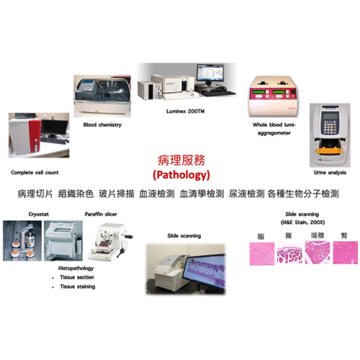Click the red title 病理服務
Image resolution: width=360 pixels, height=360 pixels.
pyautogui.click(x=181, y=161)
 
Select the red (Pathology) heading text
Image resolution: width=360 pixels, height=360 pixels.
pyautogui.click(x=181, y=175)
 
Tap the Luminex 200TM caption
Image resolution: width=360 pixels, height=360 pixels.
pyautogui.click(x=185, y=112)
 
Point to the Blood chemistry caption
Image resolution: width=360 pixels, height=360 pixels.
pyautogui.click(x=102, y=125)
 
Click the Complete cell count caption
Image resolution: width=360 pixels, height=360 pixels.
pyautogui.click(x=35, y=173)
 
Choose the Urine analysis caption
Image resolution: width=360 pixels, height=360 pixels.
pyautogui.click(x=330, y=173)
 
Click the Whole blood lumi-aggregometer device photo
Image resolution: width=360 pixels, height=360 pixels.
pyautogui.click(x=273, y=96)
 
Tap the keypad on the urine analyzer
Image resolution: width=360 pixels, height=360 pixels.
pyautogui.click(x=330, y=127)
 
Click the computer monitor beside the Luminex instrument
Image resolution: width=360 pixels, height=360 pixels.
pyautogui.click(x=210, y=74)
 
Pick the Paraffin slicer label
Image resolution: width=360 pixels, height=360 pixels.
pyautogui.click(x=101, y=214)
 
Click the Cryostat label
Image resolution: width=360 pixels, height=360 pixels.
pyautogui.click(x=39, y=214)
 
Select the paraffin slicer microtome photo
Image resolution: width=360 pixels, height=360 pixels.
pyautogui.click(x=110, y=242)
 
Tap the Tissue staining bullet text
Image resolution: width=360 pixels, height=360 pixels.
pyautogui.click(x=78, y=287)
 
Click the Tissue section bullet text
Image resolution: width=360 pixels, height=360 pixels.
pyautogui.click(x=77, y=277)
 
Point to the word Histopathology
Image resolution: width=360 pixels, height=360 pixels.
pyautogui.click(x=76, y=269)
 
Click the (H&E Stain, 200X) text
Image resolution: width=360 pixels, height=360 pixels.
pyautogui.click(x=302, y=222)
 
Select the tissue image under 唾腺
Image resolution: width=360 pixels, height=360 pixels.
pyautogui.click(x=318, y=253)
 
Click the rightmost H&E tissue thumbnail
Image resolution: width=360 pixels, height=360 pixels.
pyautogui.click(x=346, y=253)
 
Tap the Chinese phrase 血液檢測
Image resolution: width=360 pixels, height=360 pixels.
pyautogui.click(x=157, y=194)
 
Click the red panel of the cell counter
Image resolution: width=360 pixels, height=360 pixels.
pyautogui.click(x=35, y=135)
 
